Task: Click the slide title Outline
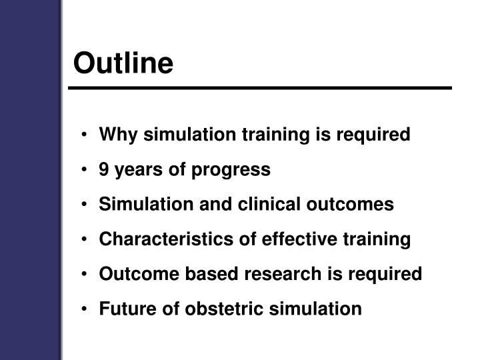pos(123,63)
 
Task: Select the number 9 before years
pos(104,169)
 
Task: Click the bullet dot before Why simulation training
pos(87,135)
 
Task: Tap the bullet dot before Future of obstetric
pos(87,309)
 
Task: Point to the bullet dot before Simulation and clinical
pos(87,205)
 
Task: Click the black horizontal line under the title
pos(260,88)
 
